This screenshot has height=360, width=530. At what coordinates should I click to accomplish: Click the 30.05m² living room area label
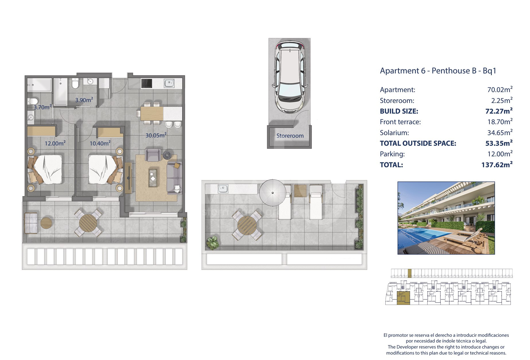click(156, 135)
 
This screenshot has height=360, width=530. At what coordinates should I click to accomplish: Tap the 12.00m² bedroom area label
click(55, 143)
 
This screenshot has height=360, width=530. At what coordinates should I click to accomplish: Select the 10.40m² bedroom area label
click(100, 143)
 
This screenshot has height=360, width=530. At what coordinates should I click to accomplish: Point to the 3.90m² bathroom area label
click(84, 100)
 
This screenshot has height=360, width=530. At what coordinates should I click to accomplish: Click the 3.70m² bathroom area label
click(43, 107)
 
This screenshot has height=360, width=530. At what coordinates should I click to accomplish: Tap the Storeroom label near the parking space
click(290, 136)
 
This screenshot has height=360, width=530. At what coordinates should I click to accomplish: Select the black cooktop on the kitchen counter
click(147, 83)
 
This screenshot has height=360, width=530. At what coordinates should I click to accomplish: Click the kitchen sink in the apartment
click(169, 83)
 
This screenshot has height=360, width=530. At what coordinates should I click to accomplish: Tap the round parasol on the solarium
click(273, 193)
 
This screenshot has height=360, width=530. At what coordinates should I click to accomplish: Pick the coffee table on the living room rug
click(153, 178)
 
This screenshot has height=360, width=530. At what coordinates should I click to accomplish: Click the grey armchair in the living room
click(153, 155)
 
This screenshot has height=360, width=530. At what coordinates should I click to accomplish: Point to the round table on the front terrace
click(88, 222)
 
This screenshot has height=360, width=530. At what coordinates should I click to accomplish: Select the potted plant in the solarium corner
click(212, 243)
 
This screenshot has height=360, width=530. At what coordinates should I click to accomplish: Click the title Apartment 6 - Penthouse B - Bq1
click(438, 71)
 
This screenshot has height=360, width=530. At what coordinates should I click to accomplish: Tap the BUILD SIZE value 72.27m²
click(499, 111)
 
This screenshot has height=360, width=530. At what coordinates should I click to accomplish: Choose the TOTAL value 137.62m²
click(497, 164)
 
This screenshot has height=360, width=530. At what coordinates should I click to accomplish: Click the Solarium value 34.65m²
click(500, 132)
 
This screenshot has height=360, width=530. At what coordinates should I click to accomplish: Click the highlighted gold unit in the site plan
click(403, 298)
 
